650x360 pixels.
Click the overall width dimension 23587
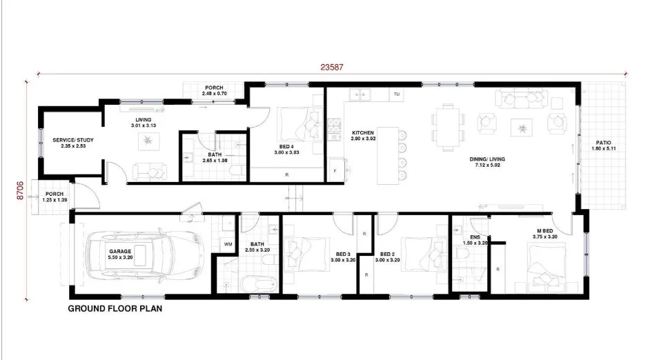point(332,68)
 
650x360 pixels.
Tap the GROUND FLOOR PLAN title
point(115,309)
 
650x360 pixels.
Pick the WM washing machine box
point(228,245)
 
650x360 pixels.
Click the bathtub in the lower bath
point(258,283)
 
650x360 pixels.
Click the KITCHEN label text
point(363,132)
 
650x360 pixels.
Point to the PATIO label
point(603,143)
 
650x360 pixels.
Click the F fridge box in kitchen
point(335,170)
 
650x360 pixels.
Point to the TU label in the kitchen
point(397,94)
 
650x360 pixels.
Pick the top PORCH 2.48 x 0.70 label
point(214,90)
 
